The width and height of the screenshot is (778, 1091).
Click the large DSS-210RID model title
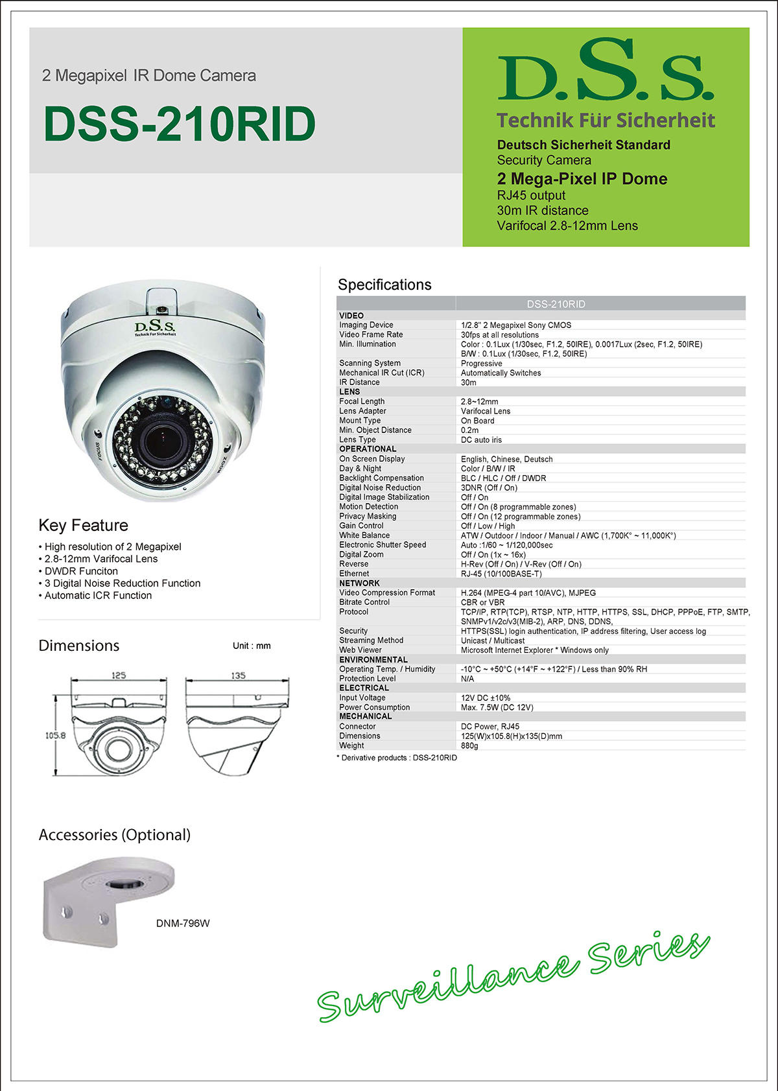tap(179, 124)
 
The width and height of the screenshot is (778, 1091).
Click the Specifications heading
tap(384, 285)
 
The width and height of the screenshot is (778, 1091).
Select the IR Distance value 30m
tap(469, 382)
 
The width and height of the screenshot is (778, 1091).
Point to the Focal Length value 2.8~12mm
tap(479, 402)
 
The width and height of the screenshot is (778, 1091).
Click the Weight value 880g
tap(469, 745)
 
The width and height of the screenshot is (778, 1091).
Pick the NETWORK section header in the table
tap(359, 583)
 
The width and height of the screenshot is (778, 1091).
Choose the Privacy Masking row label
tap(368, 516)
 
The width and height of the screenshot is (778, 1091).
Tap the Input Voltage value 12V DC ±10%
tap(486, 698)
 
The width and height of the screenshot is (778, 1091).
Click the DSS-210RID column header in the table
tap(556, 304)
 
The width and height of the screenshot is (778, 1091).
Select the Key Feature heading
tap(83, 525)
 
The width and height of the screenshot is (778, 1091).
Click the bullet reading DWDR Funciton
tap(81, 571)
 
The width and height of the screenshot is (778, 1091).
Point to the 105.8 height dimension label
tap(55, 735)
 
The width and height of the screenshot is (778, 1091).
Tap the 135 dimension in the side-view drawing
tap(238, 675)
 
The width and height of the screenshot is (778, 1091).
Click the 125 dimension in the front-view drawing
tap(118, 675)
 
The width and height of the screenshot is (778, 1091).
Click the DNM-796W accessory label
tap(183, 923)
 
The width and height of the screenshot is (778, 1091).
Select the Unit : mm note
tap(252, 646)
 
